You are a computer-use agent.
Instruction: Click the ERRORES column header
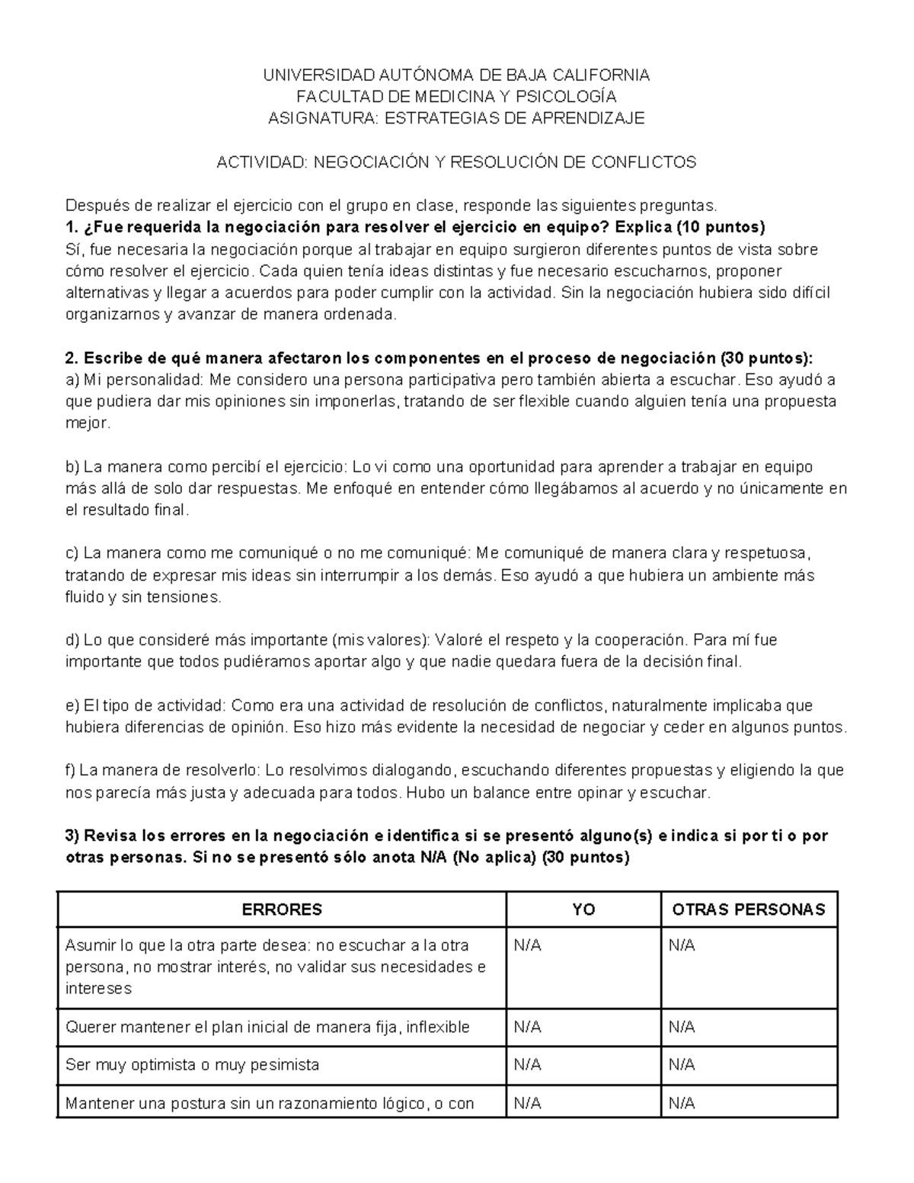282,910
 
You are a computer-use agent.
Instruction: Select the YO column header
583,910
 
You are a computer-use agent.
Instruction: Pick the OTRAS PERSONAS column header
749,910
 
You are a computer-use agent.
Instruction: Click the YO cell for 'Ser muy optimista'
528,1065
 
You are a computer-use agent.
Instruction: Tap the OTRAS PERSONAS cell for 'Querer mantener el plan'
682,1027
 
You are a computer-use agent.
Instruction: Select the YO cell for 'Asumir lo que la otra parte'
528,945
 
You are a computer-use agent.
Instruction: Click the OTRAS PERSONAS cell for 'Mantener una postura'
682,1103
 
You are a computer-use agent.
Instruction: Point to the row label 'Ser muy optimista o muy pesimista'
192,1065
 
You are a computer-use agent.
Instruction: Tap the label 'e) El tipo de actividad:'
146,705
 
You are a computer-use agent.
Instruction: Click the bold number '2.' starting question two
72,359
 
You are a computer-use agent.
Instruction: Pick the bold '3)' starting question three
73,836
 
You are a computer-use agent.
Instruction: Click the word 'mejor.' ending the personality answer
88,424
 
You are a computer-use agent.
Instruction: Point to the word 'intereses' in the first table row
98,989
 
